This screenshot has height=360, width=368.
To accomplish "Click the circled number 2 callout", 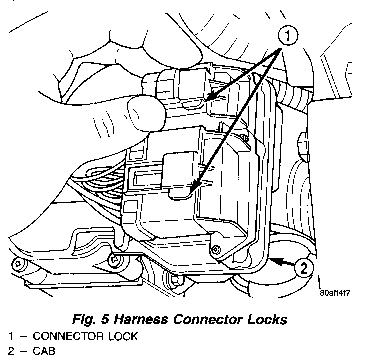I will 303,268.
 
